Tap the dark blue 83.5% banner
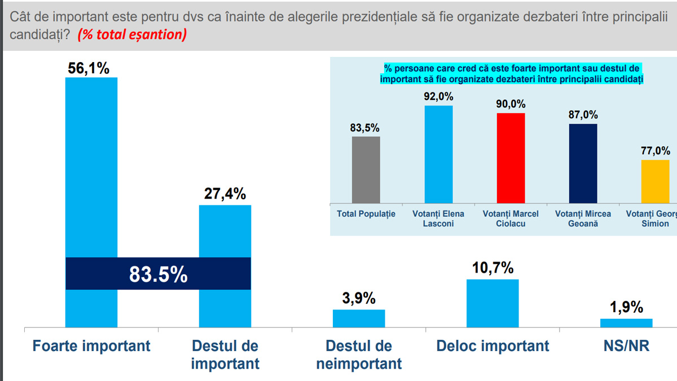pyautogui.click(x=159, y=274)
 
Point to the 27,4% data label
pyautogui.click(x=225, y=194)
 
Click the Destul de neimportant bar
pyautogui.click(x=359, y=318)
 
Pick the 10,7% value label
pyautogui.click(x=493, y=268)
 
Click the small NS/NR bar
pyautogui.click(x=626, y=323)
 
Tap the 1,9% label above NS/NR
pyautogui.click(x=626, y=308)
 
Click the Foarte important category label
pyautogui.click(x=91, y=345)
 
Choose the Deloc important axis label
pyautogui.click(x=493, y=345)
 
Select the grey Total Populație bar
pyautogui.click(x=366, y=170)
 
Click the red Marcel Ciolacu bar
pyautogui.click(x=511, y=158)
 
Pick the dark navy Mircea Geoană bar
pyautogui.click(x=583, y=164)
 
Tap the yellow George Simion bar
pyautogui.click(x=655, y=181)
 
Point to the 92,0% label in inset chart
pyautogui.click(x=438, y=97)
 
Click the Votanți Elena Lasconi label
pyautogui.click(x=438, y=218)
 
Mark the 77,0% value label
pyautogui.click(x=656, y=151)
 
